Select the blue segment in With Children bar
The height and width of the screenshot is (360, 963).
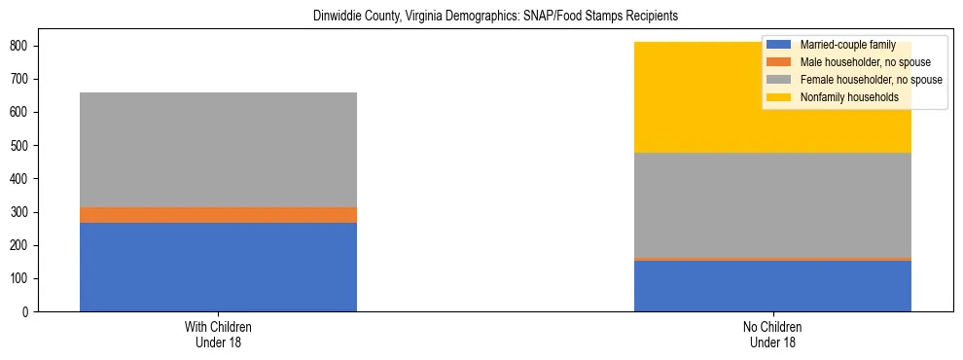click(x=218, y=267)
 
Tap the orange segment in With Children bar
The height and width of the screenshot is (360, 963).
click(x=218, y=215)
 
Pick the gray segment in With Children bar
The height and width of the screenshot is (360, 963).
click(x=218, y=150)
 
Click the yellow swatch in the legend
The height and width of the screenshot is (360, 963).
click(x=779, y=97)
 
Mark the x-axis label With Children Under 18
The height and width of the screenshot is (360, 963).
click(x=218, y=334)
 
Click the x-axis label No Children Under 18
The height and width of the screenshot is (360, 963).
click(x=772, y=334)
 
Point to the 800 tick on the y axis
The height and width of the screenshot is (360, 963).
click(x=21, y=46)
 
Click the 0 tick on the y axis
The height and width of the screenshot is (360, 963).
click(x=28, y=311)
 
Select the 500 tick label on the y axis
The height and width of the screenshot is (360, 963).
click(x=21, y=146)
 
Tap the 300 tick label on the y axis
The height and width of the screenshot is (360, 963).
click(x=21, y=212)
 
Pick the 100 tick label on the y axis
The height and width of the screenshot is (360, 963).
click(x=21, y=278)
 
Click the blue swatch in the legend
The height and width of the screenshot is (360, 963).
click(x=779, y=45)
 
